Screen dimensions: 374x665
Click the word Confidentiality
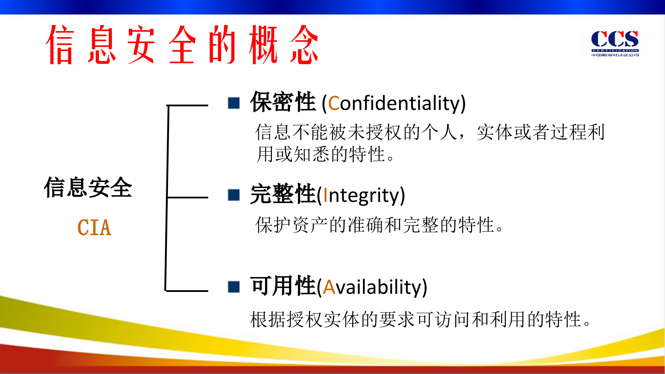click(397, 103)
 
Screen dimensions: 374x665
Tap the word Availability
click(375, 287)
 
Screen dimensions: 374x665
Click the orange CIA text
click(94, 228)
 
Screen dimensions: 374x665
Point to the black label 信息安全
click(88, 187)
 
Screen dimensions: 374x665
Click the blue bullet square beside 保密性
click(234, 103)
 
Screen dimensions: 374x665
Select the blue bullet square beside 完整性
click(234, 195)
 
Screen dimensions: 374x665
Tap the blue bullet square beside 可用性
click(234, 287)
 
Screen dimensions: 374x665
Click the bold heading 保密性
click(283, 102)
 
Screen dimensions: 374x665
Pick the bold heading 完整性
click(283, 194)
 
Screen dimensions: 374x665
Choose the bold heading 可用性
click(283, 286)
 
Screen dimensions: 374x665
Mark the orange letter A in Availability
click(329, 287)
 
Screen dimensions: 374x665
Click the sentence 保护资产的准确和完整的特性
click(379, 225)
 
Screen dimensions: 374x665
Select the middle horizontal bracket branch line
click(187, 197)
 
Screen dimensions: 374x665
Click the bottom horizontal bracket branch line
click(187, 291)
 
